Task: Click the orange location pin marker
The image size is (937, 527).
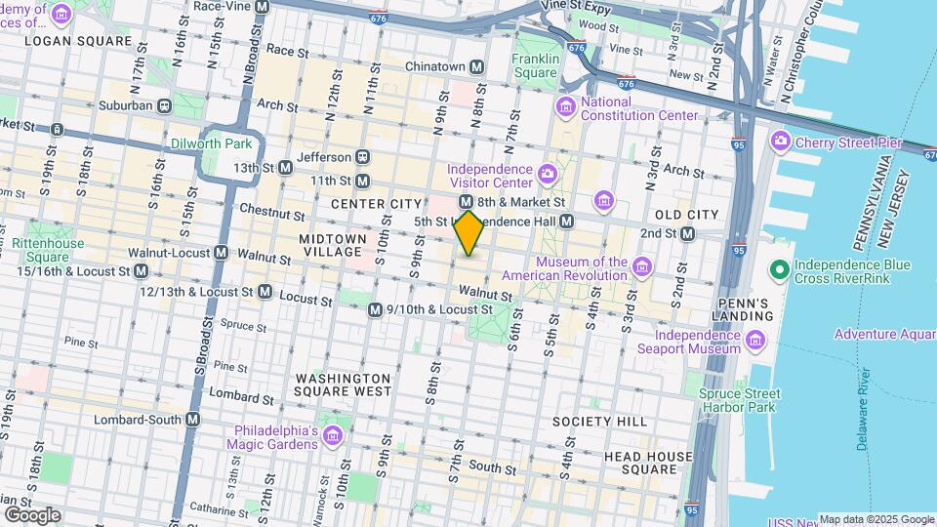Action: point(468,233)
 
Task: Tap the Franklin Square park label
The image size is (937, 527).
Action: point(536,65)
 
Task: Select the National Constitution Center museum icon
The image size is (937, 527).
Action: point(566,105)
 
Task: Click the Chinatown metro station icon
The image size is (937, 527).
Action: point(476,66)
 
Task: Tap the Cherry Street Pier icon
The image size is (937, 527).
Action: point(780,142)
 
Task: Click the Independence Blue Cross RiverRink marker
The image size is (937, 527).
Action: point(779,269)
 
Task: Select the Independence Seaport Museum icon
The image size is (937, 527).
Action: point(755,341)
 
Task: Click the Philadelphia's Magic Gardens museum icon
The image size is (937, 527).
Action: point(333,435)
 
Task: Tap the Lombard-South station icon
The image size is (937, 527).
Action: point(193,420)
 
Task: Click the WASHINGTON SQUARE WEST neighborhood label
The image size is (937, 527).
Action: point(343,385)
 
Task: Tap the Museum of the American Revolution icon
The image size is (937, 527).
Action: point(641,266)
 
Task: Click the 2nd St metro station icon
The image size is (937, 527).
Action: point(688,233)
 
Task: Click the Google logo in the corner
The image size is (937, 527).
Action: point(32,514)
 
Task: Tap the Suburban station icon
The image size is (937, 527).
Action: point(165,105)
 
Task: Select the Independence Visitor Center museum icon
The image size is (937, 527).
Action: point(547,176)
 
